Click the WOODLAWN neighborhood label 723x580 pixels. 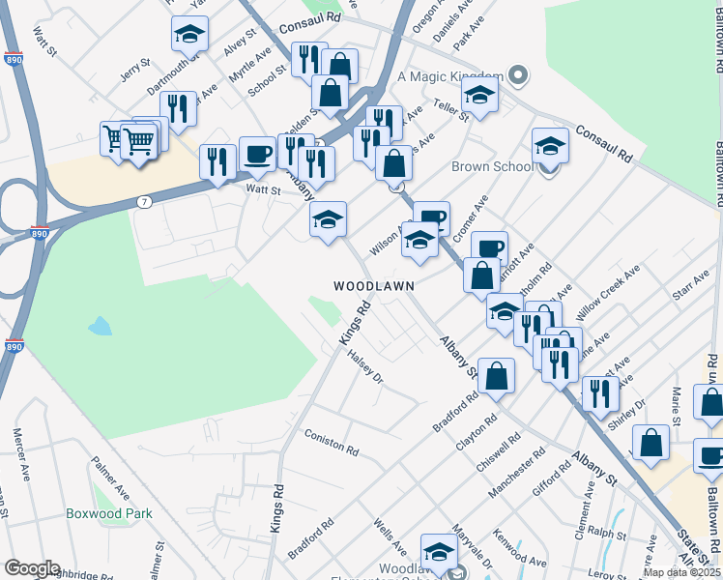(374, 286)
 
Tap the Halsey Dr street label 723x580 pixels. (366, 367)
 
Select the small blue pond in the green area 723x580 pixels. (100, 326)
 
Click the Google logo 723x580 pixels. (32, 567)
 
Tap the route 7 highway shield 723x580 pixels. (144, 202)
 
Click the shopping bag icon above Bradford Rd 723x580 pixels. (496, 377)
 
